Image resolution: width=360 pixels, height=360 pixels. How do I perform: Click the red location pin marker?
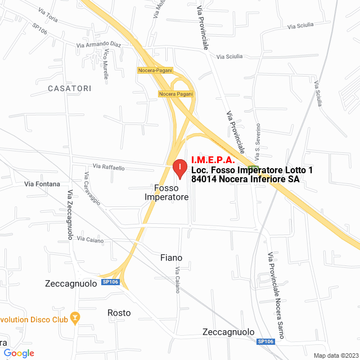pos(179,168)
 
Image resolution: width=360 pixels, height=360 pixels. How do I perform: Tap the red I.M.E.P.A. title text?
pos(213,160)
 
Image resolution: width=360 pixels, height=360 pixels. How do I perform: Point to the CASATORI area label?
pos(69,88)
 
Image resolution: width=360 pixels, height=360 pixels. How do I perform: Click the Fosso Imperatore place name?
pos(166,192)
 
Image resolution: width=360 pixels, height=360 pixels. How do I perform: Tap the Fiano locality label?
pos(171,258)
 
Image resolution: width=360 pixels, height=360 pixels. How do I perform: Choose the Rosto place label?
pos(119,313)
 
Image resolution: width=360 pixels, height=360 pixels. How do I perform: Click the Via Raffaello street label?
pos(109,167)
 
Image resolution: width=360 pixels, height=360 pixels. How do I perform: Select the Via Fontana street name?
pos(42,184)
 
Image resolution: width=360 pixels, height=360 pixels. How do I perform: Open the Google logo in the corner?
pos(19,353)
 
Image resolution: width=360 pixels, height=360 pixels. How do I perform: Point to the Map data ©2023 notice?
pos(335,355)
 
